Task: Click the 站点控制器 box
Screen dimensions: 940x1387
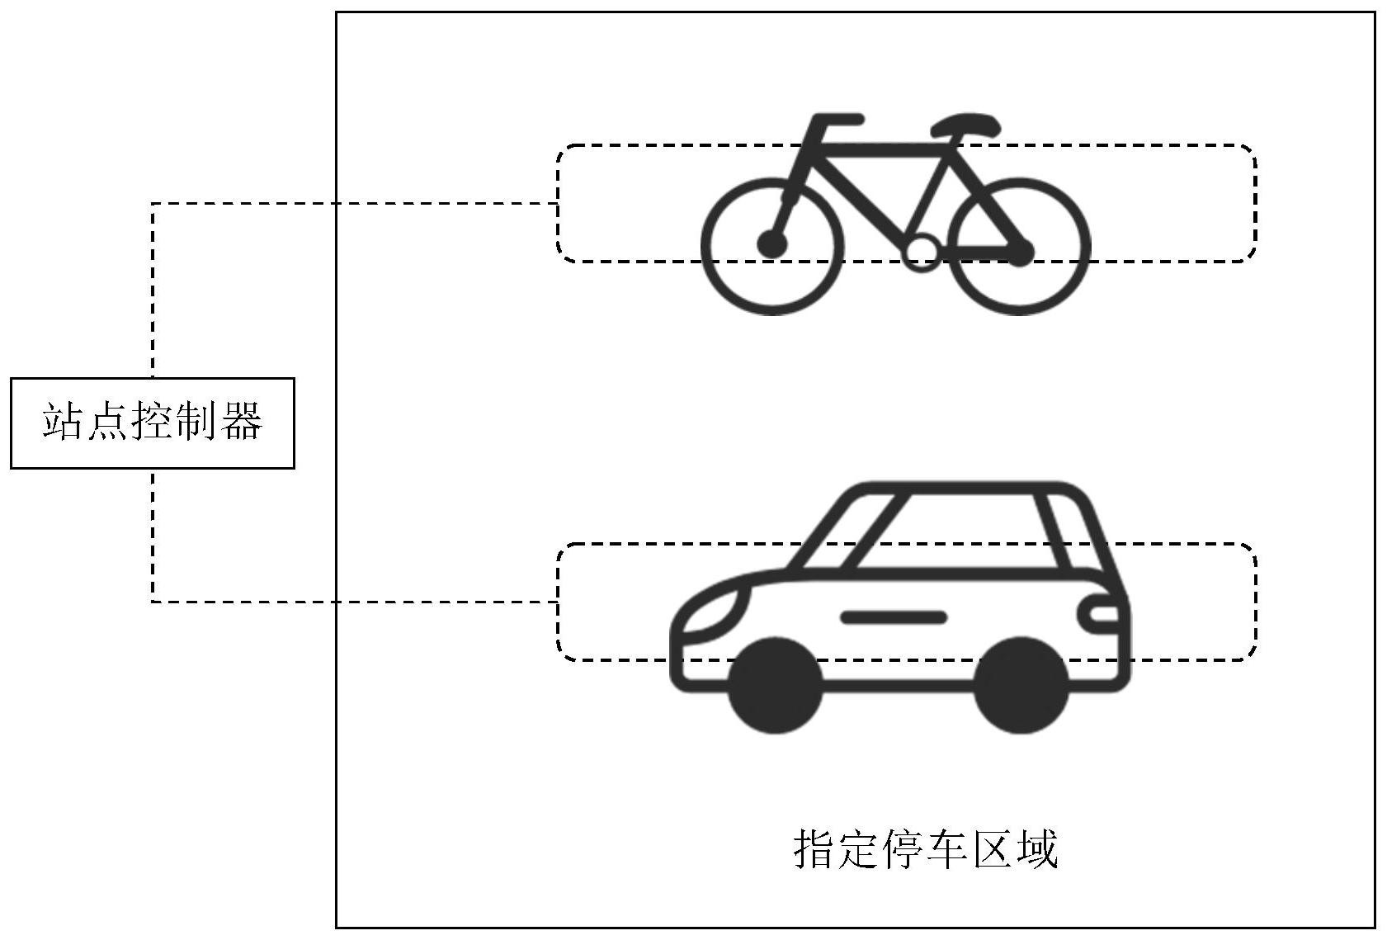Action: (153, 423)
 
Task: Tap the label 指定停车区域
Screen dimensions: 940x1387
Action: (925, 848)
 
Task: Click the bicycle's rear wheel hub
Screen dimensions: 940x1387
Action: (1021, 252)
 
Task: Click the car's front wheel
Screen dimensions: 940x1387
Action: (776, 685)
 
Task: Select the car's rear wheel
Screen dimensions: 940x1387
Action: (1021, 685)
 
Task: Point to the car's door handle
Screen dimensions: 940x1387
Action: (893, 616)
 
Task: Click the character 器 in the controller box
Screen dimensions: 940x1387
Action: (242, 423)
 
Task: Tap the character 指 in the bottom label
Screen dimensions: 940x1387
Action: (814, 848)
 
